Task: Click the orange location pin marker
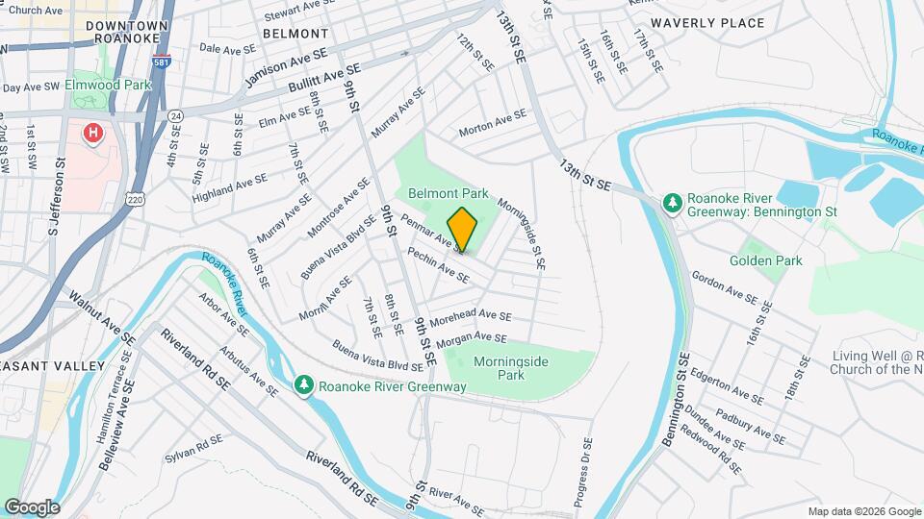pos(462,230)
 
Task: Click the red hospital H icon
pos(93,133)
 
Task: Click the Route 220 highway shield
pos(132,197)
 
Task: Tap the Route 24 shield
pos(175,115)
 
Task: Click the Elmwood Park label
pos(108,85)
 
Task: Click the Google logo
pos(32,507)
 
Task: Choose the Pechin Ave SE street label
pos(438,266)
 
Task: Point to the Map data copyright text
pos(862,511)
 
